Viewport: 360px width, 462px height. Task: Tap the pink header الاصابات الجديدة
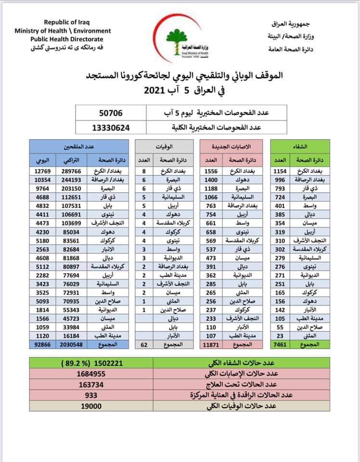[230, 145]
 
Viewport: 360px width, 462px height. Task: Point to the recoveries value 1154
[279, 171]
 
